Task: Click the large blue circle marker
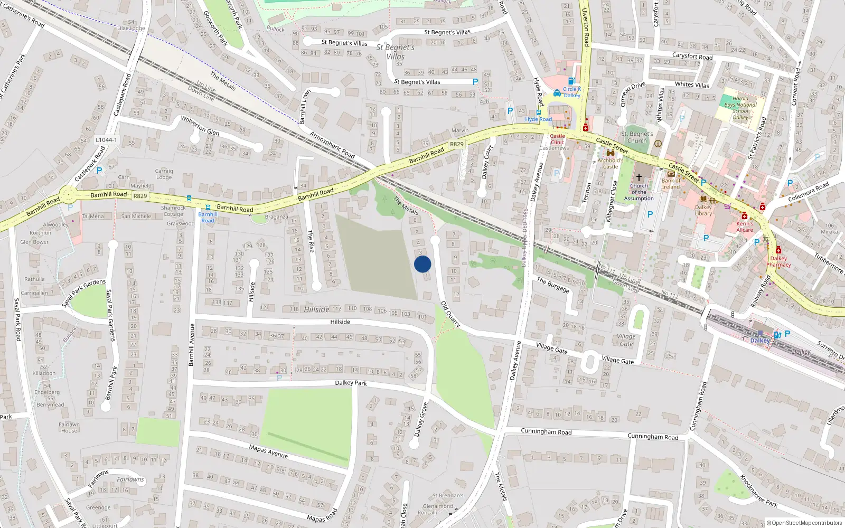[422, 264]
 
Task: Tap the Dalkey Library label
[703, 210]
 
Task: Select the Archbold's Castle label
[610, 163]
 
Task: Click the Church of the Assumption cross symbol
[639, 177]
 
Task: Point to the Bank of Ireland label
[671, 183]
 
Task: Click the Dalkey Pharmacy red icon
[778, 250]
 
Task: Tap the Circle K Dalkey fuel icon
[571, 81]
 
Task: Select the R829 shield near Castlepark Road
[140, 196]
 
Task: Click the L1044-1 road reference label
[106, 140]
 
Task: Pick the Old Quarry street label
[450, 314]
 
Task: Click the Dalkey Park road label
[351, 383]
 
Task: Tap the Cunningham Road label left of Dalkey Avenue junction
[546, 431]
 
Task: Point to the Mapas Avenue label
[268, 451]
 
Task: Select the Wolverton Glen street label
[200, 126]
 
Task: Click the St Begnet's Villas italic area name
[396, 52]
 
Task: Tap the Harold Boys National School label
[740, 108]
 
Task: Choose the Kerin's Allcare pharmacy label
[745, 227]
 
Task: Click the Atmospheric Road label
[332, 145]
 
